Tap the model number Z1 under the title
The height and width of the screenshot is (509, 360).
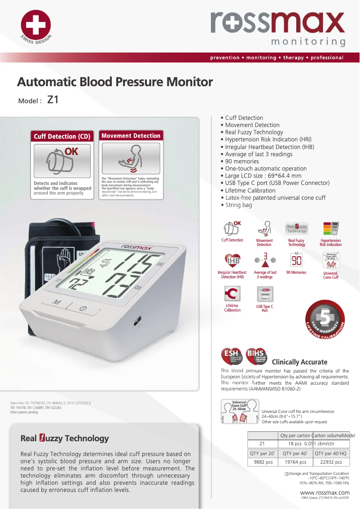click(x=53, y=100)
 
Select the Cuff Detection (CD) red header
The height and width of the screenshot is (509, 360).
click(x=62, y=136)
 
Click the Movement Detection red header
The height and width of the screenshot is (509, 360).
click(x=131, y=136)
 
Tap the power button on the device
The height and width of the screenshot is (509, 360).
click(x=83, y=308)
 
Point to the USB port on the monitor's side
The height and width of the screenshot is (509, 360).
click(x=136, y=322)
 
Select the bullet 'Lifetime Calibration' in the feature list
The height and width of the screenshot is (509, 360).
click(x=250, y=190)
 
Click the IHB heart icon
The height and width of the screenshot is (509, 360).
click(x=233, y=260)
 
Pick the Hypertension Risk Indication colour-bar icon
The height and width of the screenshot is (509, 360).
click(x=331, y=228)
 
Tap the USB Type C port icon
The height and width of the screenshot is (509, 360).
click(x=265, y=294)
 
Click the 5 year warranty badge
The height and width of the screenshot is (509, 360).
click(x=325, y=320)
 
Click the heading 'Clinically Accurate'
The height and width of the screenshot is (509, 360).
click(x=299, y=362)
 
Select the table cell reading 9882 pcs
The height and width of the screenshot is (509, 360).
click(x=263, y=462)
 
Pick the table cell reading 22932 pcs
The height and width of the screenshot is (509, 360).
click(x=331, y=462)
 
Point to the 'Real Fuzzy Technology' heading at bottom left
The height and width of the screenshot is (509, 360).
click(x=65, y=438)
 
